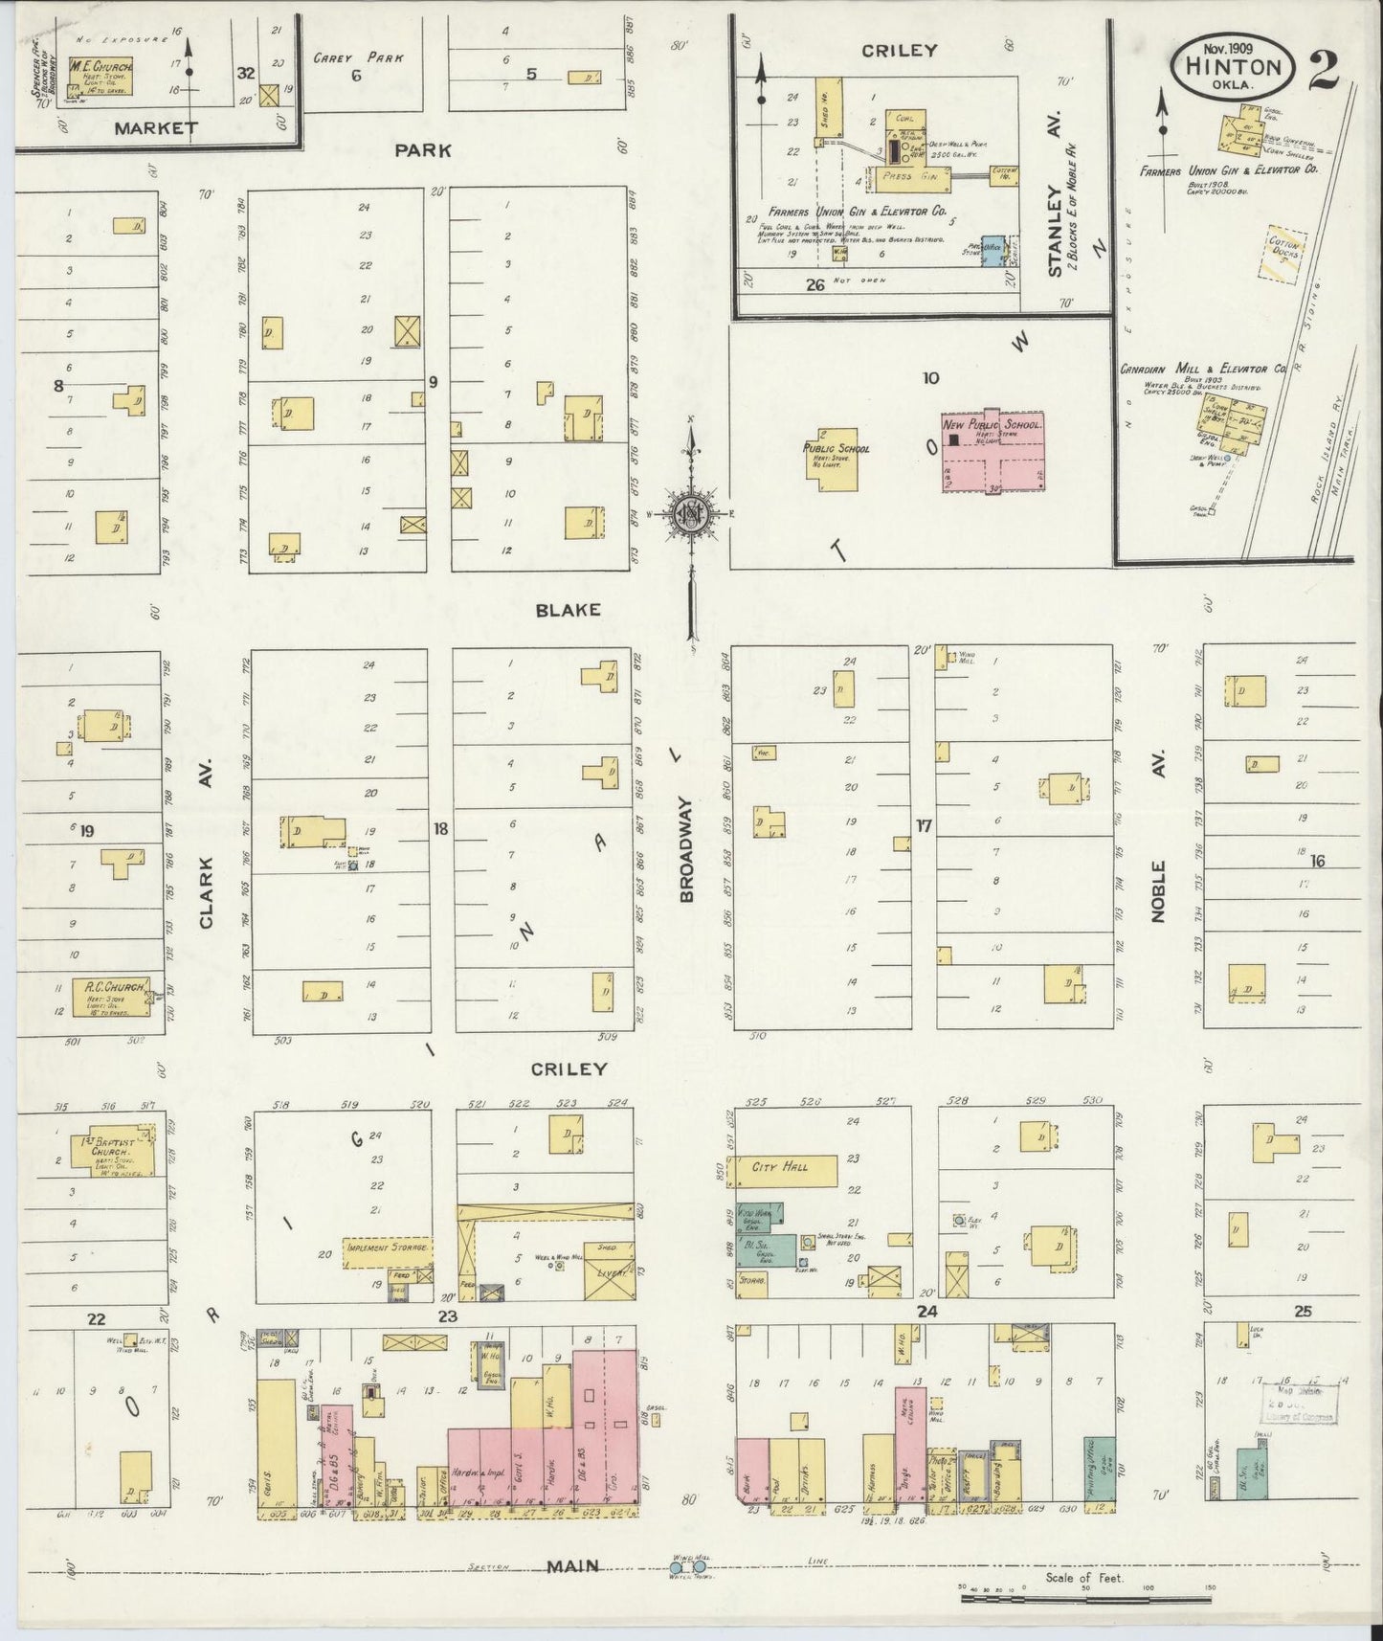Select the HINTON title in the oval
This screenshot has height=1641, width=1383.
(x=1234, y=66)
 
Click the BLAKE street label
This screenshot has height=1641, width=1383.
(x=569, y=610)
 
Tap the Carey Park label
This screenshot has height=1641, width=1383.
(x=358, y=57)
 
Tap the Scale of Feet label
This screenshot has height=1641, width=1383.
(x=1083, y=1578)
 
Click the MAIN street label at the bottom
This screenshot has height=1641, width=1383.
(x=573, y=1566)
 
